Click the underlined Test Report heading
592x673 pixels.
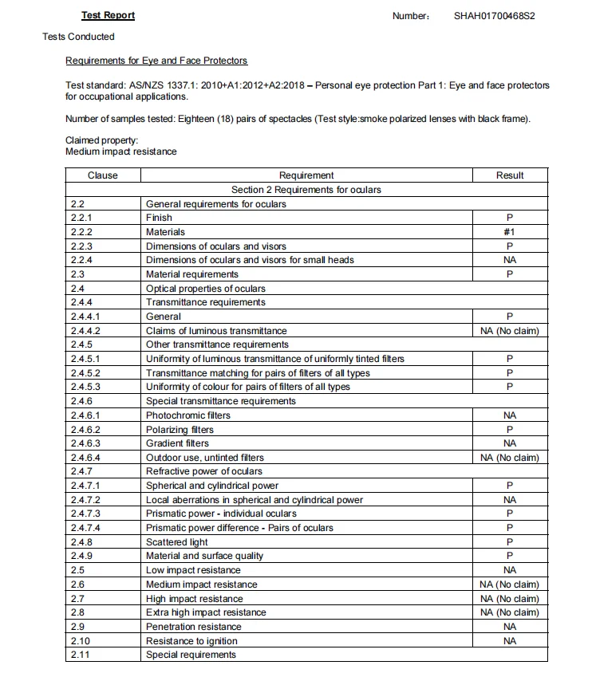click(108, 15)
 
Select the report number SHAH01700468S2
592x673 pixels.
click(494, 15)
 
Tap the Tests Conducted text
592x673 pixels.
click(78, 37)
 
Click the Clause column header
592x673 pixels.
click(102, 175)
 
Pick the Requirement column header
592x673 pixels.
click(306, 175)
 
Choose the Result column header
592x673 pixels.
click(510, 175)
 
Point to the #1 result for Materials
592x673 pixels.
click(510, 232)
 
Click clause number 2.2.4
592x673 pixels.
click(81, 260)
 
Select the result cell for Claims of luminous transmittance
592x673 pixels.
click(510, 331)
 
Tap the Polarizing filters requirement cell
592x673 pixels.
click(180, 430)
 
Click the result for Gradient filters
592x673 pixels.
click(510, 443)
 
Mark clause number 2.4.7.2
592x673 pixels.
click(85, 500)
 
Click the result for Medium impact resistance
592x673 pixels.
click(510, 584)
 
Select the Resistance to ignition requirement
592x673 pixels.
click(191, 641)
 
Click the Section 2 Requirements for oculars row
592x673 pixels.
click(306, 190)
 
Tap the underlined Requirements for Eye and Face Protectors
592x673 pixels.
click(156, 61)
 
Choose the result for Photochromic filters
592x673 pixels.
click(510, 415)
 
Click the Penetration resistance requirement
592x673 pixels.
click(193, 627)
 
